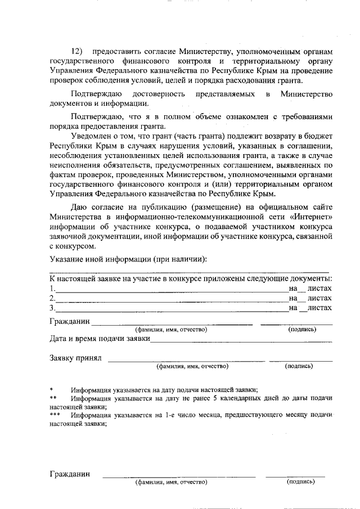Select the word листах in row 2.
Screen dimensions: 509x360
(320, 298)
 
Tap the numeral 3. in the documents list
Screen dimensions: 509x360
(52, 308)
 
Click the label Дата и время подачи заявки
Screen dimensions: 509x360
(100, 339)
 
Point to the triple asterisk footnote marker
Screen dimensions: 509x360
(55, 415)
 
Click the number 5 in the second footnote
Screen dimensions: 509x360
(215, 398)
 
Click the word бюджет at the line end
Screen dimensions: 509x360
(318, 137)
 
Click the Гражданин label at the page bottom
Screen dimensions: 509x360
(70, 474)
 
